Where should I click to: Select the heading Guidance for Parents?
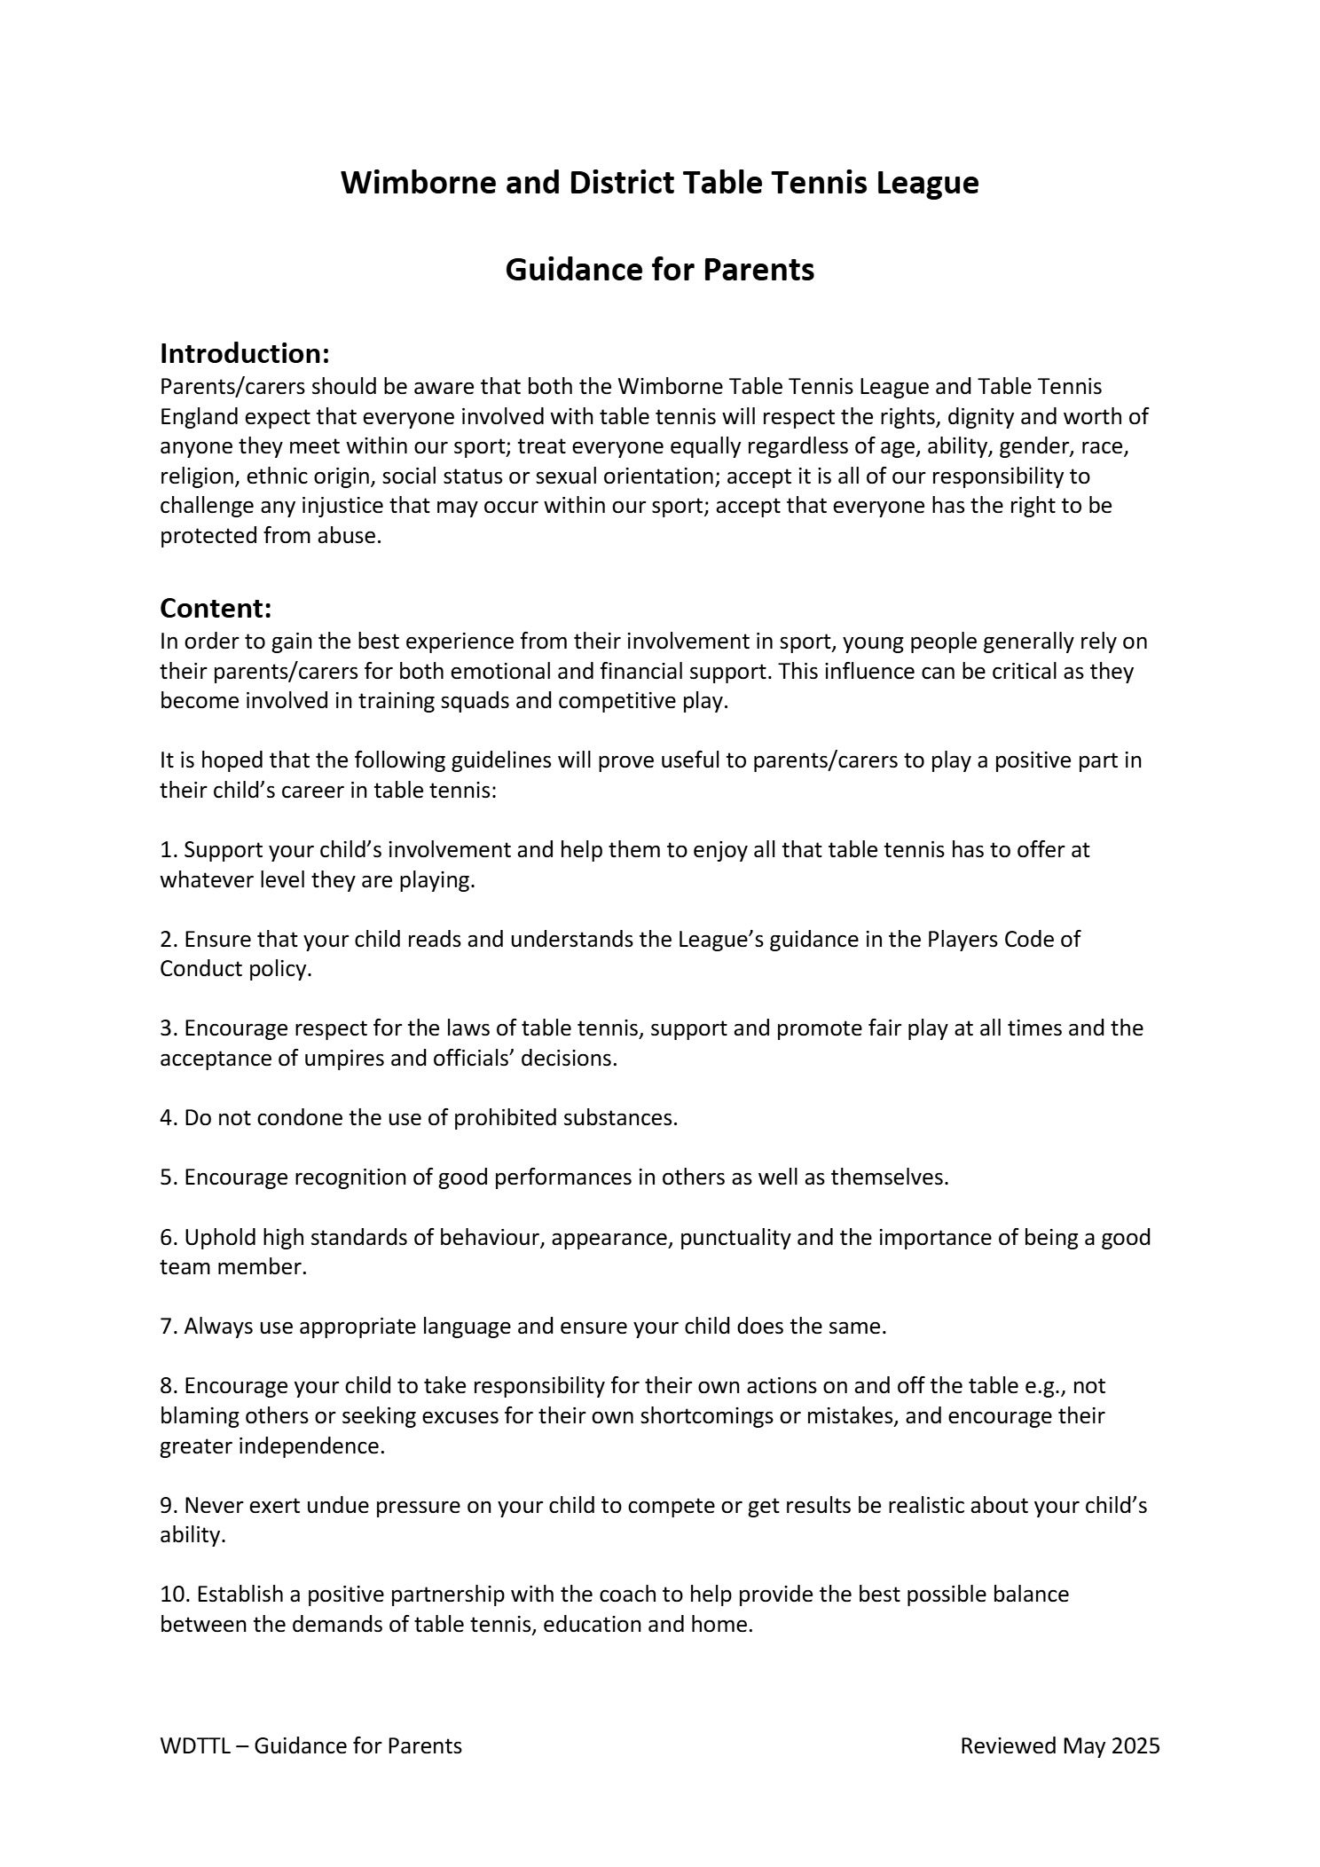pyautogui.click(x=659, y=269)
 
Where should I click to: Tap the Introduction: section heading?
pyautogui.click(x=245, y=353)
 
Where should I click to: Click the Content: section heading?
pyautogui.click(x=216, y=608)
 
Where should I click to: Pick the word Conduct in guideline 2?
pyautogui.click(x=197, y=968)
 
